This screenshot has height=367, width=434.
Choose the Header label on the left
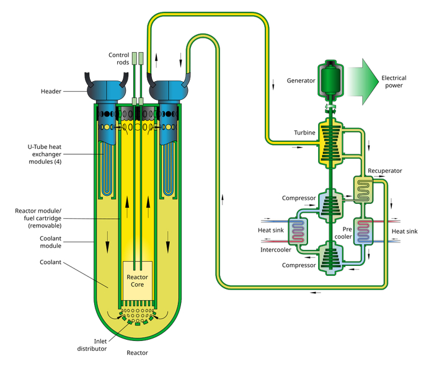pyautogui.click(x=51, y=92)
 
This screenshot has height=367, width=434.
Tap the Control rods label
pyautogui.click(x=119, y=58)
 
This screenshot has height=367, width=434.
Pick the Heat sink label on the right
pyautogui.click(x=405, y=231)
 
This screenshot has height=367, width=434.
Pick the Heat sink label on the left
pyautogui.click(x=271, y=231)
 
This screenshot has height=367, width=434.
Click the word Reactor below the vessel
pyautogui.click(x=137, y=353)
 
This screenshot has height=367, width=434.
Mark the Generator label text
pyautogui.click(x=301, y=81)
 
